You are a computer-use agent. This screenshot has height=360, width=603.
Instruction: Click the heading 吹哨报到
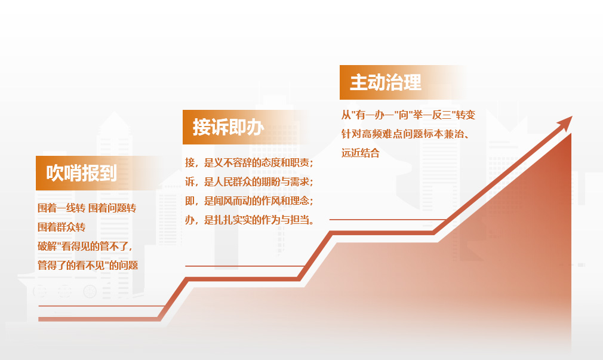82,173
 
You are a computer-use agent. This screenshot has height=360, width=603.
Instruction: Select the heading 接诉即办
229,127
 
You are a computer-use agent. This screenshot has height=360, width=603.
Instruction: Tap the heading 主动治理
385,83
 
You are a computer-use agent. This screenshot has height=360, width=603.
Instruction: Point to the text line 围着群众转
61,227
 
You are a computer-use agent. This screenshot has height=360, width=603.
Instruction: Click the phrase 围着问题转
112,208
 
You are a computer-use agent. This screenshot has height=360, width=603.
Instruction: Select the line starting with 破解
85,246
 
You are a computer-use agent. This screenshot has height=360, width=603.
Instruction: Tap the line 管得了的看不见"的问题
88,266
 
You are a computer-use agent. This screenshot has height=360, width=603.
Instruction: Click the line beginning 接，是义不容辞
249,163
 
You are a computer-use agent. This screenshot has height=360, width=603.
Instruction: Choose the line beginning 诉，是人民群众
249,181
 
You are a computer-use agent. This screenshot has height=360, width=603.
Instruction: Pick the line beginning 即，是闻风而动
249,201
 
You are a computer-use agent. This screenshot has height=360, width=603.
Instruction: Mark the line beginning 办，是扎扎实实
250,220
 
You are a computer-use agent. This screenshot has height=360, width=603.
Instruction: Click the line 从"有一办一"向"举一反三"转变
408,115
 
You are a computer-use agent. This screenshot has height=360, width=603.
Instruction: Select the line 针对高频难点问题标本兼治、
405,134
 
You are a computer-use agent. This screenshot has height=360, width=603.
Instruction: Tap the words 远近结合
361,153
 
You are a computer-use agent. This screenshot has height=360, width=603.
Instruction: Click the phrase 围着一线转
61,208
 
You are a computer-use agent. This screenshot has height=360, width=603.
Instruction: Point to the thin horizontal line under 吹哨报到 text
102,306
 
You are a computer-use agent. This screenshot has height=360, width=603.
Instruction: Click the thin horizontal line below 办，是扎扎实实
245,266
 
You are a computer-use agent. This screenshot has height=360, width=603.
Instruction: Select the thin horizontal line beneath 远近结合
387,220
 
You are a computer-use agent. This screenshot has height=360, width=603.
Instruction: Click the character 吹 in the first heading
54,173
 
